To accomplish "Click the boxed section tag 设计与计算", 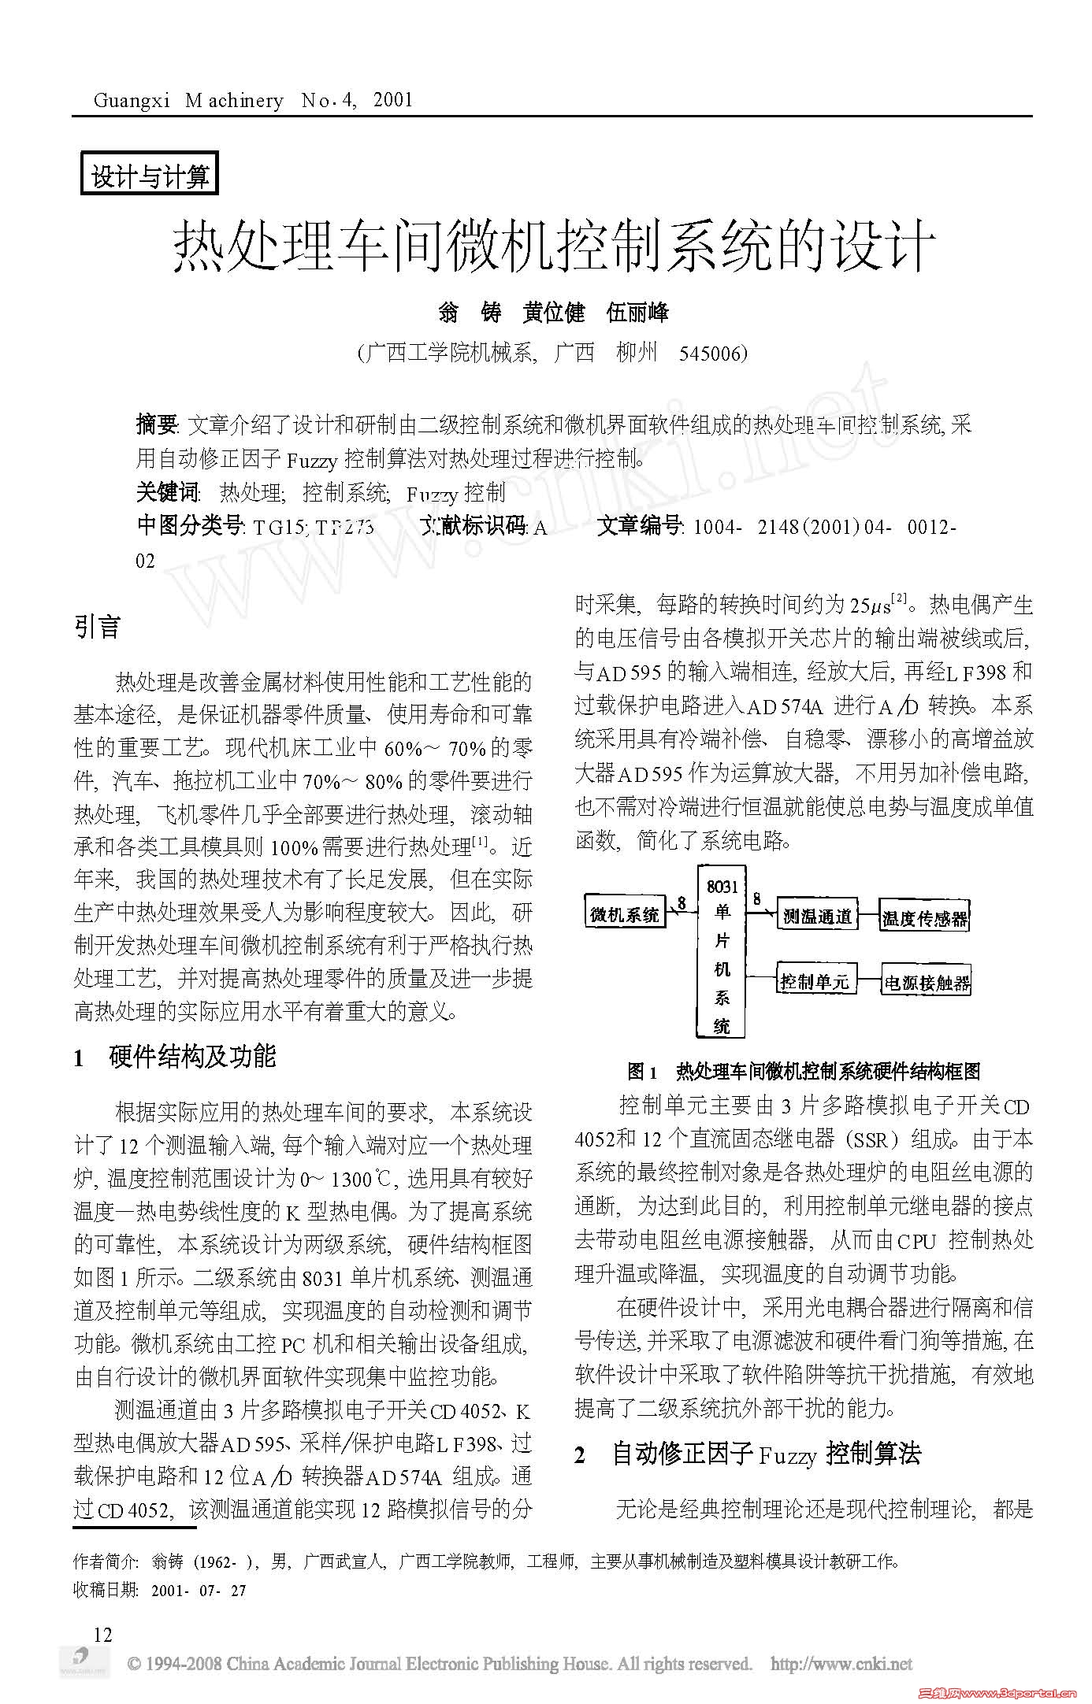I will [x=149, y=176].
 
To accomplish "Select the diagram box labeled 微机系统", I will [x=624, y=914].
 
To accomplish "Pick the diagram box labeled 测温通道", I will [x=816, y=916].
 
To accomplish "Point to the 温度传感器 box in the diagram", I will [x=924, y=917].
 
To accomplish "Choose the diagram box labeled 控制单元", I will [x=815, y=981].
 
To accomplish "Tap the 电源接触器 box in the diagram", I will [x=926, y=983].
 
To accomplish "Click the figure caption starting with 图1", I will [x=804, y=1072].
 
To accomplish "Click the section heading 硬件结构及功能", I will [x=192, y=1057].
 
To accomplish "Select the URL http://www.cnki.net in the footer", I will [x=841, y=1664].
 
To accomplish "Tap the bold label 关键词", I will [x=167, y=492].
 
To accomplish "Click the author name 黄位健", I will [x=553, y=313].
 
